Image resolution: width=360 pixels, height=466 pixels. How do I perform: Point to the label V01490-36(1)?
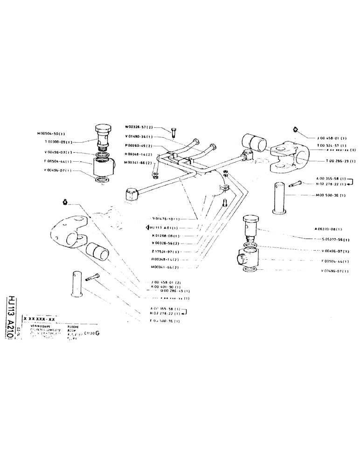pyautogui.click(x=141, y=137)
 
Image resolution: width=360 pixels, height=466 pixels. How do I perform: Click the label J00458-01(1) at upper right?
pyautogui.click(x=330, y=138)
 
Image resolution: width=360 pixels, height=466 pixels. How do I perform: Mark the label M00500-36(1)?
pyautogui.click(x=329, y=196)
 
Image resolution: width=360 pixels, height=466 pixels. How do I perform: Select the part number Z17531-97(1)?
pyautogui.click(x=166, y=251)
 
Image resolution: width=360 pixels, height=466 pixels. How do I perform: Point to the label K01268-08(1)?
pyautogui.click(x=166, y=236)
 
